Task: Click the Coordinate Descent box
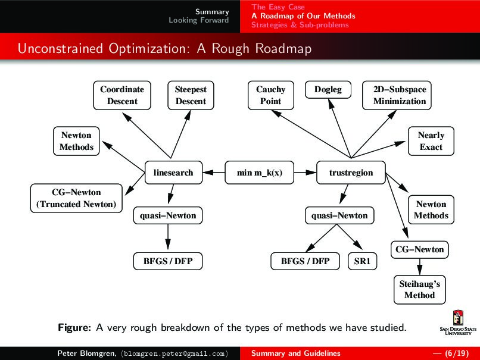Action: coord(122,95)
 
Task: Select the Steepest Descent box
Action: coord(191,95)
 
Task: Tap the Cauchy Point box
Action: coord(270,95)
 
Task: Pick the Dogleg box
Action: coord(328,90)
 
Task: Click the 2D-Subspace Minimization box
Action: coord(400,95)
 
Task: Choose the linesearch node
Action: coord(173,173)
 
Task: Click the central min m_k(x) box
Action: coord(260,173)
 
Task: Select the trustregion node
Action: coord(351,173)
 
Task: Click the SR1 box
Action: coord(362,261)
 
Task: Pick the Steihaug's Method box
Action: coord(419,289)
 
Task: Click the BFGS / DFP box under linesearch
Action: coord(167,261)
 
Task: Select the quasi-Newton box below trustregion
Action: coord(339,215)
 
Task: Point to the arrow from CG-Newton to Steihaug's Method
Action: coord(419,265)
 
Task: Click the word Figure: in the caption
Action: coord(74,327)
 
